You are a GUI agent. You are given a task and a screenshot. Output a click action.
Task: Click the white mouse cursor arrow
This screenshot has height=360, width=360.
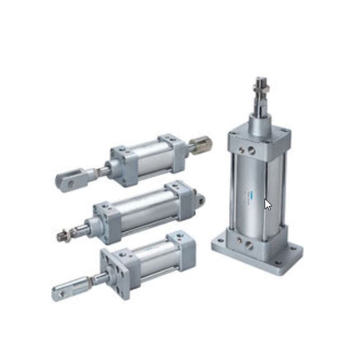click(x=268, y=204)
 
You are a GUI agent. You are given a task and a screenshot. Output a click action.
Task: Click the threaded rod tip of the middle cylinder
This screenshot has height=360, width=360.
click(x=62, y=235)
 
